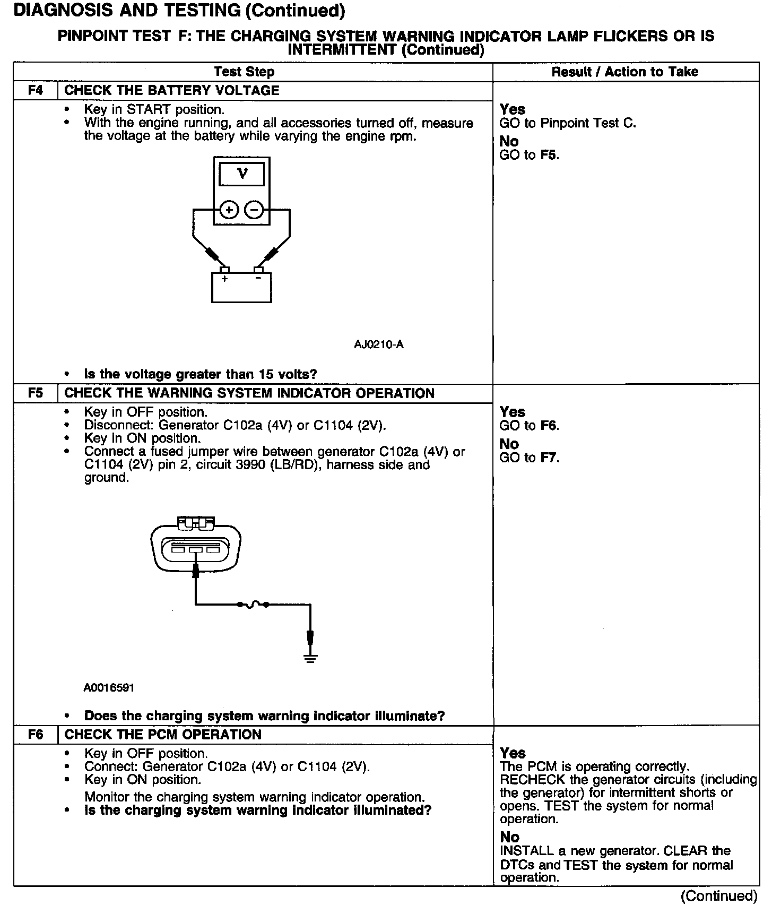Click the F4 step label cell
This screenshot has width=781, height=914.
pos(35,90)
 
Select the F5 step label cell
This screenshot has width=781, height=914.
pos(35,393)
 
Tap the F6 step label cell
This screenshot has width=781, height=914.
pos(35,735)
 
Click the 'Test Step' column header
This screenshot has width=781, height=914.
pos(244,72)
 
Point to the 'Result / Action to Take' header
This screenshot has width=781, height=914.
pos(625,72)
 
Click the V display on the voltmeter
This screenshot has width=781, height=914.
pos(242,174)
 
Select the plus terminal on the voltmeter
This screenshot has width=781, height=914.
pos(229,210)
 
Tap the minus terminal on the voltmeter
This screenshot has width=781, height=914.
pos(254,210)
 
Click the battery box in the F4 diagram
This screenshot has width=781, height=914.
pos(241,287)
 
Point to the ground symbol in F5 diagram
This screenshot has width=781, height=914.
pos(310,659)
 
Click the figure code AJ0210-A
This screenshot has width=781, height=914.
pos(378,344)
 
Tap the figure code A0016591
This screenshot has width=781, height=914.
pos(109,688)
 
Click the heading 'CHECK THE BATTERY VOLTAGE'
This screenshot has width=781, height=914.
pos(171,90)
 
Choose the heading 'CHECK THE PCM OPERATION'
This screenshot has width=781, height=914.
pos(162,735)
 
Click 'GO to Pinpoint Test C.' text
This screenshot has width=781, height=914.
pos(567,123)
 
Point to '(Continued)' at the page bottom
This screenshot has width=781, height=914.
pos(719,896)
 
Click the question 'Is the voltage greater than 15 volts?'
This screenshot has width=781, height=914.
pos(200,374)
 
